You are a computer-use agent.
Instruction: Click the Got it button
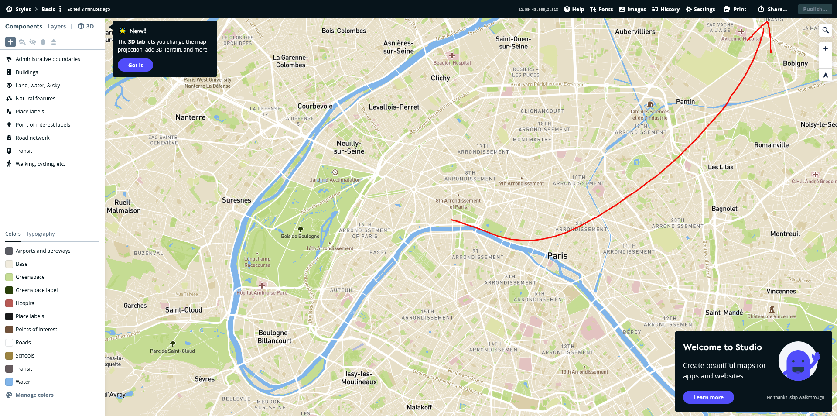point(135,65)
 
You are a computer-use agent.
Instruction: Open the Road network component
point(32,138)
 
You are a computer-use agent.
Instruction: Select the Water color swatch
point(9,382)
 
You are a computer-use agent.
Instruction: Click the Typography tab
point(40,234)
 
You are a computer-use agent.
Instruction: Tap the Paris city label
point(557,256)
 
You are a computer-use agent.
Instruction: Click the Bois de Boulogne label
point(300,236)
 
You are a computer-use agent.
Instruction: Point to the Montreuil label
point(785,234)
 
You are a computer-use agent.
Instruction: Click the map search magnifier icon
point(825,30)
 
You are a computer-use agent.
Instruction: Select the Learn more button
point(708,397)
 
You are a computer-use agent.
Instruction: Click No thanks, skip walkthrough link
point(795,397)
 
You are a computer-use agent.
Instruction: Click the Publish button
point(814,9)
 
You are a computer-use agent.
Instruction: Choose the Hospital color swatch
point(9,303)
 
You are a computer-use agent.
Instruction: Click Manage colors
point(34,395)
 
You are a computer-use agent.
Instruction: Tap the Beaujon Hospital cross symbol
point(452,55)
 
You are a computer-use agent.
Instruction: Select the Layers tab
point(57,26)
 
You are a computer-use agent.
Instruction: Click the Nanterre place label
point(190,117)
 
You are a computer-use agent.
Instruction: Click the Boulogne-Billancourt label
point(274,337)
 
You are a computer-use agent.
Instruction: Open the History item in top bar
point(666,9)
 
